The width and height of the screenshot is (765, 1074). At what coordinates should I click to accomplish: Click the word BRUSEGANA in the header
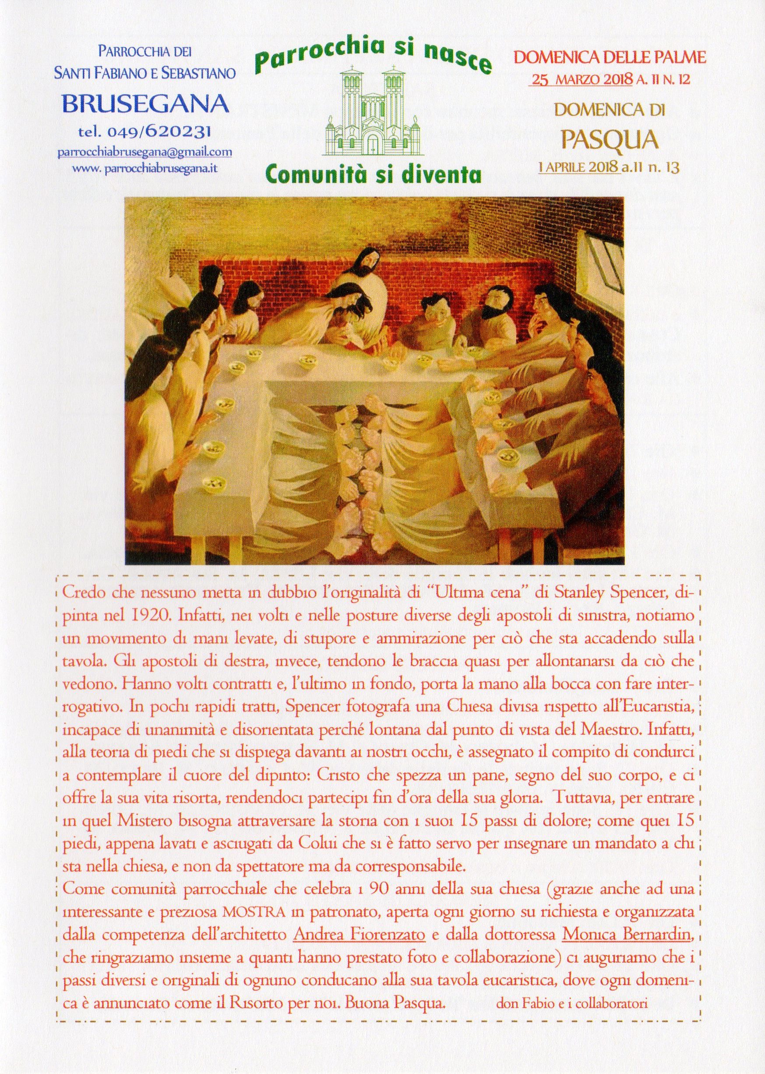[x=146, y=104]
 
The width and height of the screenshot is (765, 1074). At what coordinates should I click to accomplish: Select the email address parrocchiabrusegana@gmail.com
[x=144, y=152]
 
